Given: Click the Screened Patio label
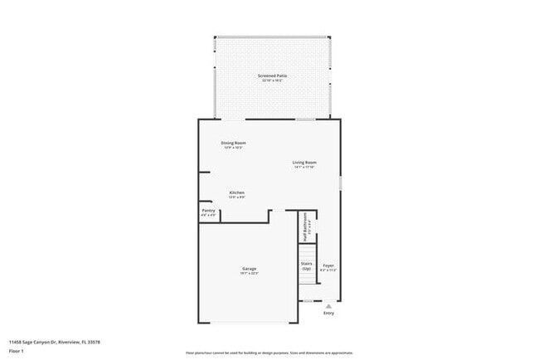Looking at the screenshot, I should [272, 75].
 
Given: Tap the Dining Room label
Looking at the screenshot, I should [233, 143].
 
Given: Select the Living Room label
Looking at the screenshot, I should [304, 162].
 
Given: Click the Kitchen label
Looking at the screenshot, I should [237, 192].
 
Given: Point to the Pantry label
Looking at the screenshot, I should [209, 211].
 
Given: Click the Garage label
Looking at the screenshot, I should [249, 268].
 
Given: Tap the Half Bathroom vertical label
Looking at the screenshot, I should [304, 226].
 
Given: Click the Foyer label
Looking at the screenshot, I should [328, 265].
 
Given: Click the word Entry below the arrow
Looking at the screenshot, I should [328, 313].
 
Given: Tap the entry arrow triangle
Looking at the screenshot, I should [328, 305].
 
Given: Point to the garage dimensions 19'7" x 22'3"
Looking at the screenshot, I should [249, 273].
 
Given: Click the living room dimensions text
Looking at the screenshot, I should [304, 167].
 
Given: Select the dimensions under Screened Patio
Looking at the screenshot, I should [272, 80].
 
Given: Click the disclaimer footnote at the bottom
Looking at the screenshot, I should [269, 352].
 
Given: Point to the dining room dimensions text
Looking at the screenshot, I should [233, 148].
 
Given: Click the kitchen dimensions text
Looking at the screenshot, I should [237, 197].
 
